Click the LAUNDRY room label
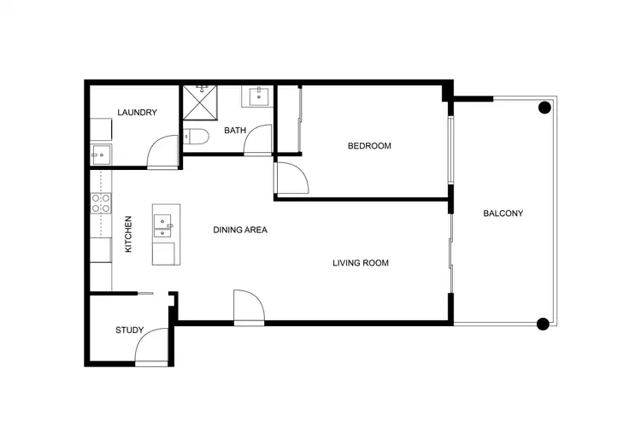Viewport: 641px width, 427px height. [x=137, y=113]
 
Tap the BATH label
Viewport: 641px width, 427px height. [x=235, y=131]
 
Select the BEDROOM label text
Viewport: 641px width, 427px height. [x=369, y=146]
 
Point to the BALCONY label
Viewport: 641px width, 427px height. [x=503, y=213]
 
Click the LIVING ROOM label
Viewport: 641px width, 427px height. [x=361, y=263]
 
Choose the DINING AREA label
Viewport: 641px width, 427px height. [x=240, y=230]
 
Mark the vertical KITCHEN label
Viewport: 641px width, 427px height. [x=128, y=234]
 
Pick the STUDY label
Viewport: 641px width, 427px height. [x=130, y=330]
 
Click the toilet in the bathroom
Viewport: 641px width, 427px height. [x=193, y=137]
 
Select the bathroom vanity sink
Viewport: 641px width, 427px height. [x=258, y=96]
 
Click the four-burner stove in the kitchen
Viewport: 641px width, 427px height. [x=101, y=203]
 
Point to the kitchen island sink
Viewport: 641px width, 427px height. [x=162, y=225]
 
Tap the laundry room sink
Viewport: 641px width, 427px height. [x=100, y=155]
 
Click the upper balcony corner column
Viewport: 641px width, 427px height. [x=543, y=108]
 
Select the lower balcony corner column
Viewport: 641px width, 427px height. [x=542, y=323]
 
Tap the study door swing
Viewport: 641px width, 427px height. [x=152, y=348]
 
